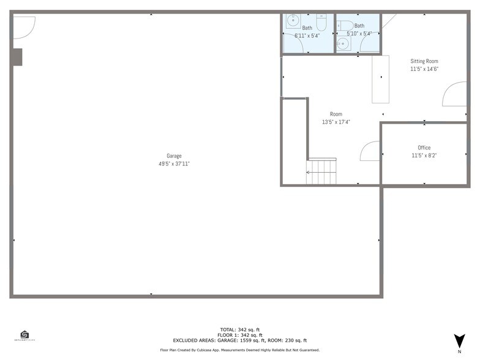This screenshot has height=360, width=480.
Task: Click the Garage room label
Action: [174, 156]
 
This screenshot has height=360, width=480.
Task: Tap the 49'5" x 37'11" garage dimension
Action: [174, 164]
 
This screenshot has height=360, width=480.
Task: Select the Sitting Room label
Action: [424, 61]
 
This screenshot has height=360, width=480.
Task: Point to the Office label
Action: [424, 148]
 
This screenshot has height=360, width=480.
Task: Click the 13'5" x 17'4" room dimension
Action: [336, 122]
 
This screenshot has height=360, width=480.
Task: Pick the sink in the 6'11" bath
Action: [291, 20]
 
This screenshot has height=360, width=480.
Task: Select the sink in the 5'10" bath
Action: [342, 43]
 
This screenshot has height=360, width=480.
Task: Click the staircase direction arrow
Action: [309, 173]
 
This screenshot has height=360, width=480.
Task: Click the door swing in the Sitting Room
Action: [454, 94]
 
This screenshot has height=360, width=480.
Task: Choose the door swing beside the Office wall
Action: [370, 151]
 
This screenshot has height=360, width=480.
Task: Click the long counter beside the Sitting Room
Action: [380, 79]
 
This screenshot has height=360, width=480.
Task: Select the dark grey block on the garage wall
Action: [17, 57]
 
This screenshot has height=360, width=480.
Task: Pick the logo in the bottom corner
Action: [24, 336]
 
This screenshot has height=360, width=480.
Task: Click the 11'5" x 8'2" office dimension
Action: [424, 156]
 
